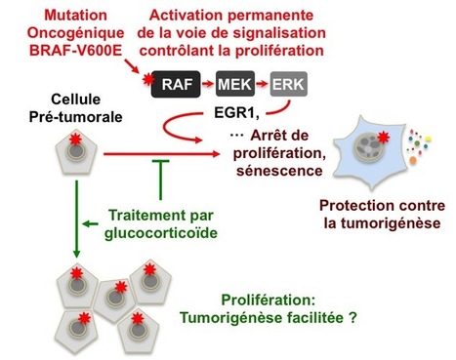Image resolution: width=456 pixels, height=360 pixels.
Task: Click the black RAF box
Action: [177, 86]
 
